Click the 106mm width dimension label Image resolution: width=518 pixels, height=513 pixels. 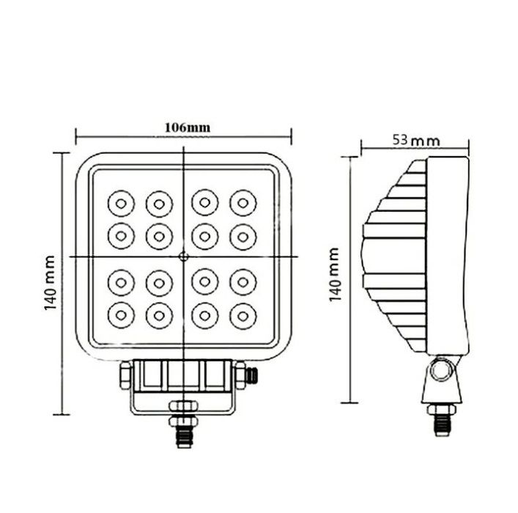click(x=188, y=128)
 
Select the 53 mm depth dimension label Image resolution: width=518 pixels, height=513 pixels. click(x=416, y=141)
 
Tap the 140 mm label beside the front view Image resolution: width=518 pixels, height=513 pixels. click(x=50, y=283)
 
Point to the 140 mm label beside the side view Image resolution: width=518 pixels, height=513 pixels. click(x=334, y=274)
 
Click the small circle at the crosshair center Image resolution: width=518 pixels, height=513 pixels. click(x=184, y=256)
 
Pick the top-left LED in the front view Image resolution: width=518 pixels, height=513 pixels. click(x=121, y=204)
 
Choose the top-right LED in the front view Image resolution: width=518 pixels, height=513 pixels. click(x=243, y=203)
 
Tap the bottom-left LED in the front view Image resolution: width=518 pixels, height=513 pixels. click(x=121, y=315)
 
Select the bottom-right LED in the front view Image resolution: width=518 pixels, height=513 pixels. click(x=243, y=317)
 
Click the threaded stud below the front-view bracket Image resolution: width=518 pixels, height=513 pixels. click(x=184, y=437)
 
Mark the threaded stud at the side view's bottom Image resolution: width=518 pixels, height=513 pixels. click(x=442, y=426)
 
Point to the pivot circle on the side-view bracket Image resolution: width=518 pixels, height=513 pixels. click(x=441, y=370)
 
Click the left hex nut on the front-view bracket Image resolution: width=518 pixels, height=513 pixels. click(x=126, y=375)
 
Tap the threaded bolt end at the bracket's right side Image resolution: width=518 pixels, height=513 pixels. click(x=251, y=376)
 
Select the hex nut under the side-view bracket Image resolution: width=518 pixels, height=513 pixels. click(x=442, y=410)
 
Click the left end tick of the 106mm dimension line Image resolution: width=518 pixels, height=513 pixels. click(x=76, y=136)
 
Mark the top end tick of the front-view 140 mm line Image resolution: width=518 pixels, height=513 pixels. click(x=62, y=153)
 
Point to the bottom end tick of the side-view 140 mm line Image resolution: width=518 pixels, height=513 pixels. click(x=349, y=402)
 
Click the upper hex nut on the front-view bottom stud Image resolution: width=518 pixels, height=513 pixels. click(x=183, y=405)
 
